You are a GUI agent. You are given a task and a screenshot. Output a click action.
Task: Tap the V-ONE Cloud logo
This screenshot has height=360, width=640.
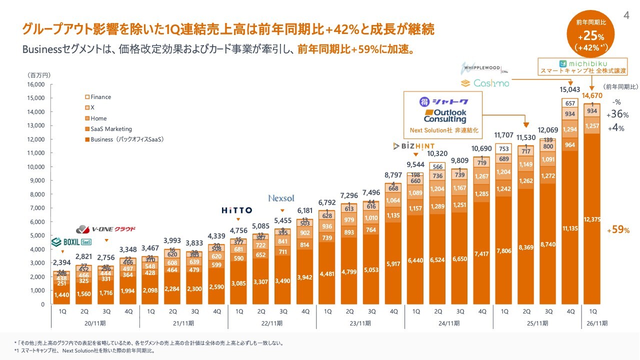[105, 229]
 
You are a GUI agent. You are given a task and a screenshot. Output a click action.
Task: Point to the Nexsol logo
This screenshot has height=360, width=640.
[282, 198]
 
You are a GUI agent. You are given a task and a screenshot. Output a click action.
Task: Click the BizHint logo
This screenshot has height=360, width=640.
[414, 146]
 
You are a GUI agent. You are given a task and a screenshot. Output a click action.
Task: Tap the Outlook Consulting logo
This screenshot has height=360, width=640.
[444, 115]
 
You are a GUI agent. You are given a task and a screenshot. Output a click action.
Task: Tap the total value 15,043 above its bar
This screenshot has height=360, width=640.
[570, 90]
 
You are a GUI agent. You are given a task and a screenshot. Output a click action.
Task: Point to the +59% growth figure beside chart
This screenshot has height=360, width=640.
[618, 230]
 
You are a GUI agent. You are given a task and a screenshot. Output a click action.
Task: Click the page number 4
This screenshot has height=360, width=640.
[626, 15]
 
